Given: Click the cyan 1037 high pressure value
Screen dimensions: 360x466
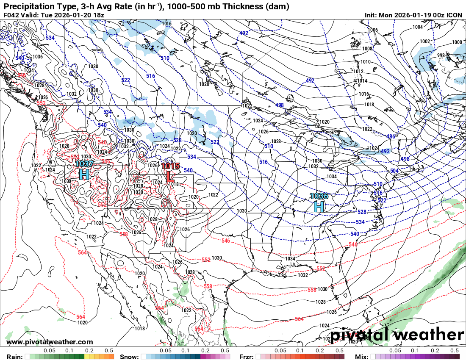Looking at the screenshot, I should [84, 164].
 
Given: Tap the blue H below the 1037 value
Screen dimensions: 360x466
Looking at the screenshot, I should [84, 174].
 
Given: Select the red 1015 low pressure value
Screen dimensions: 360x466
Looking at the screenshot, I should [171, 166].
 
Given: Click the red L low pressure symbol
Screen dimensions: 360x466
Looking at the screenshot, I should [170, 176].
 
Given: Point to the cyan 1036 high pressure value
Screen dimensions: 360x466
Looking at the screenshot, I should [319, 196].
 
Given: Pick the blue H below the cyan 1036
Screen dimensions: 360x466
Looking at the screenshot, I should [319, 206].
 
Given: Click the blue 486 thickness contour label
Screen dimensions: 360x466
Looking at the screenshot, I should [391, 136].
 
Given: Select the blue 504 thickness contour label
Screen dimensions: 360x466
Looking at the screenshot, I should [394, 171].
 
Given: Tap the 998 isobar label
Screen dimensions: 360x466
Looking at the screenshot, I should [441, 55].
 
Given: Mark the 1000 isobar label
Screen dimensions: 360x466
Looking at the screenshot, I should [457, 42].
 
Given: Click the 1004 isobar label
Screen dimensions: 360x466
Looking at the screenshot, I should [418, 27].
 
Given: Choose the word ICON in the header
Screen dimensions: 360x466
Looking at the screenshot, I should [454, 15].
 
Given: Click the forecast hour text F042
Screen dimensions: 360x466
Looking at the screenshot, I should [12, 15].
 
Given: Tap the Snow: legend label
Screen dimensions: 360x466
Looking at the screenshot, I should [129, 357].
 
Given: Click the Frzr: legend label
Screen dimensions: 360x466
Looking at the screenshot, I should [247, 357].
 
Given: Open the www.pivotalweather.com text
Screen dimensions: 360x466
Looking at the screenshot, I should [50, 342].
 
